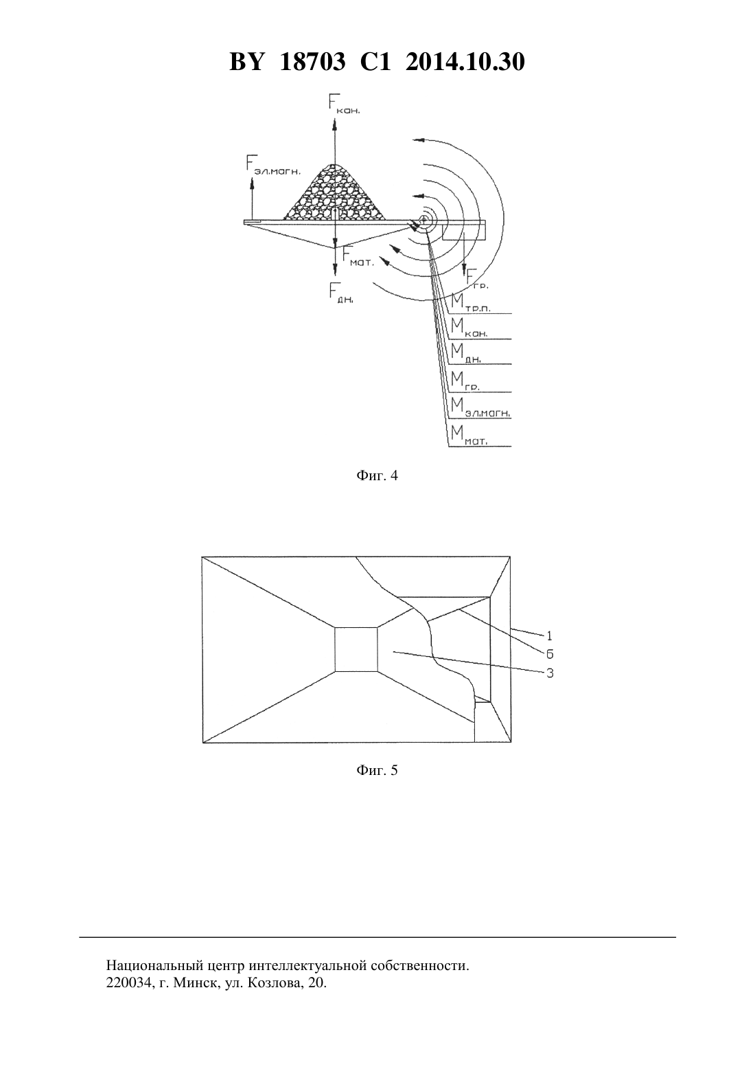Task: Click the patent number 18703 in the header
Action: [x=312, y=62]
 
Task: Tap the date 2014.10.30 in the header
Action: [x=465, y=62]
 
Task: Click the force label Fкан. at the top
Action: [x=343, y=103]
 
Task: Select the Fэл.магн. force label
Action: [x=274, y=164]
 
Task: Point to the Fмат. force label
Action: [x=358, y=257]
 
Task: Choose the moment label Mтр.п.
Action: [x=471, y=302]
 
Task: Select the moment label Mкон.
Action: [x=469, y=328]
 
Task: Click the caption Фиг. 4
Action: [x=377, y=476]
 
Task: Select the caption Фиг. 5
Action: [x=377, y=770]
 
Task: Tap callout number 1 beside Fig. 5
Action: [x=549, y=635]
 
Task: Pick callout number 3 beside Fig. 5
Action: [x=550, y=673]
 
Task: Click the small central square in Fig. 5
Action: [x=356, y=649]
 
